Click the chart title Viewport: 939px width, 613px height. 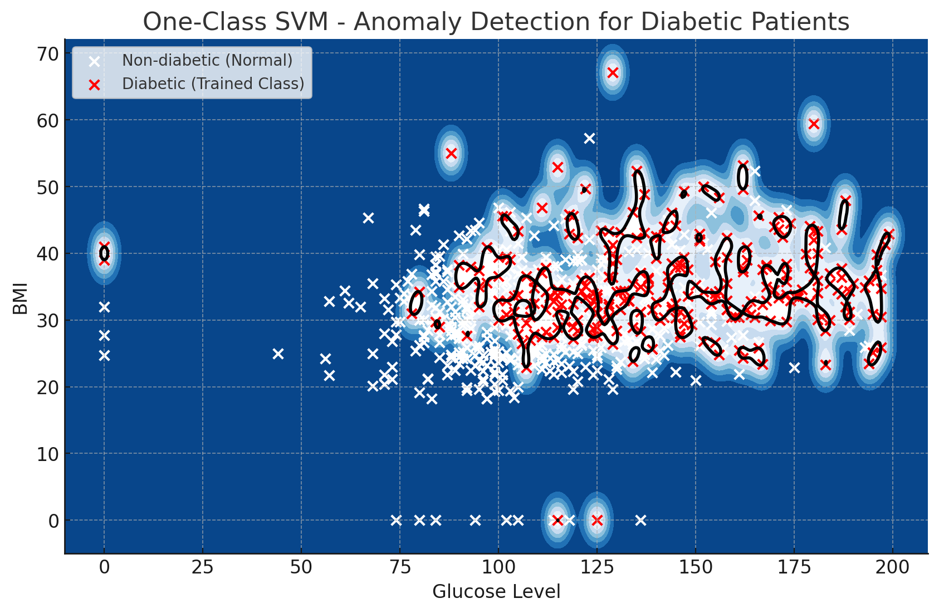point(496,22)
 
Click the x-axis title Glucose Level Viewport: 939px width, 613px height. point(496,592)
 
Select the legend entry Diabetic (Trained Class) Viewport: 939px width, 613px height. point(213,84)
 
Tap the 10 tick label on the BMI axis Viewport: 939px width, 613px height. point(47,454)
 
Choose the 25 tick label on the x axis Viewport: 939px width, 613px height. point(203,567)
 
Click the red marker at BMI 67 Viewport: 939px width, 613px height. point(613,72)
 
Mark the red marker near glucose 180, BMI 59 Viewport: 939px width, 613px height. point(814,124)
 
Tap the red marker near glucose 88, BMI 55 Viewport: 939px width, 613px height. point(451,153)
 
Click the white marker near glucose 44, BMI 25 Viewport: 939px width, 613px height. point(278,354)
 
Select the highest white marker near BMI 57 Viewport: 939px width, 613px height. point(589,138)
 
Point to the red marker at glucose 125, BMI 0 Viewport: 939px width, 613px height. point(597,520)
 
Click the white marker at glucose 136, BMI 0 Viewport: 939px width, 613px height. point(640,520)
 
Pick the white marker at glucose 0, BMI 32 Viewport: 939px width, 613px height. point(104,307)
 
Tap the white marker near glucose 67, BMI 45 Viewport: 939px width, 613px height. point(368,218)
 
